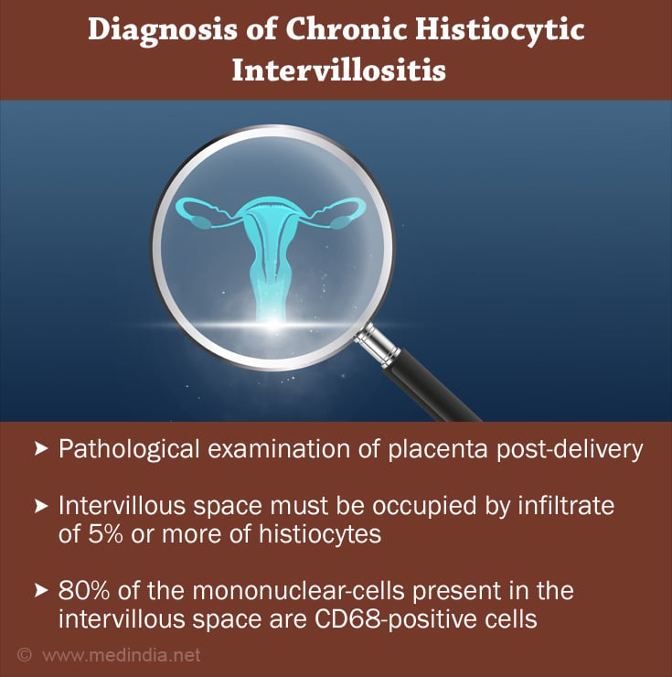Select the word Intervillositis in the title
point(339,70)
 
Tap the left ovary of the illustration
point(200,222)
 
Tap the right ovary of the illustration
point(340,222)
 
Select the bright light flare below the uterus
point(272,324)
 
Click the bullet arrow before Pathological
point(41,448)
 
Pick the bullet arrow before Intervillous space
point(41,506)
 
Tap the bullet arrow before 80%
point(41,590)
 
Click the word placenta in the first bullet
point(438,450)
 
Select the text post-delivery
point(570,450)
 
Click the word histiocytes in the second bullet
point(320,534)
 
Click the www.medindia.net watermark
point(122,655)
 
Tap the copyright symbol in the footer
point(25,655)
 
